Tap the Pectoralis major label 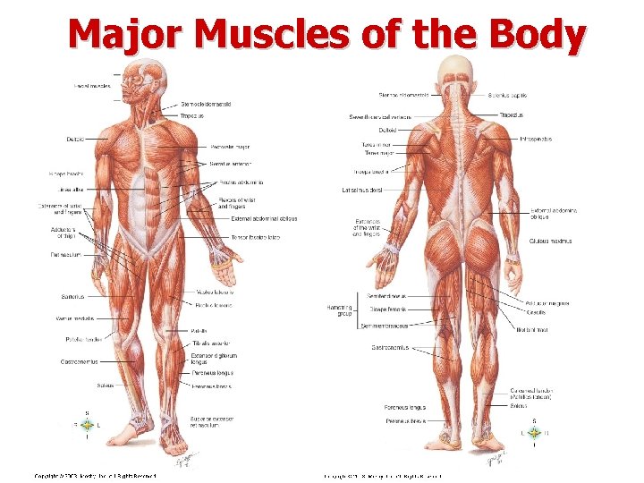coord(230,147)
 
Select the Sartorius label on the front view coord(74,297)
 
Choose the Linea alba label coord(72,190)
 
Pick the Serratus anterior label coord(231,164)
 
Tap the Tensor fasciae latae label coord(255,237)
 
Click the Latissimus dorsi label coord(361,190)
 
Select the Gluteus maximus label coord(550,241)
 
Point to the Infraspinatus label coord(536,140)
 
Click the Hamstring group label coord(340,309)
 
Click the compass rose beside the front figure coord(87,426)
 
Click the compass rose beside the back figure coord(534,432)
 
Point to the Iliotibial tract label coord(533,329)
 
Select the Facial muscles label coord(92,86)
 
